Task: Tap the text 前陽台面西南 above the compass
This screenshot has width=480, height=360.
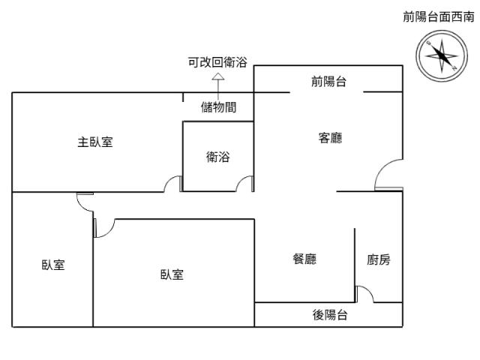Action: click(439, 17)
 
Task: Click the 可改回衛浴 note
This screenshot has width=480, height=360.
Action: click(218, 62)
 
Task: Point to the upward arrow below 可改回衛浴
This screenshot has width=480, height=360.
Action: click(218, 76)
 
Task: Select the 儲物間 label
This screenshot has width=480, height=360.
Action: click(219, 107)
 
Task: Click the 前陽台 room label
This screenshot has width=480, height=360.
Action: click(329, 82)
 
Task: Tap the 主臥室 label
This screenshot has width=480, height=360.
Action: click(96, 142)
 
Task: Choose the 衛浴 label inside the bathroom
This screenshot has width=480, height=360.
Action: click(218, 157)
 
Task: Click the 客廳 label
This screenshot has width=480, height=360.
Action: click(330, 138)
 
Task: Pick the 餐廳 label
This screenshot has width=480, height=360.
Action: click(304, 259)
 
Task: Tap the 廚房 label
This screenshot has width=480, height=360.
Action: click(379, 259)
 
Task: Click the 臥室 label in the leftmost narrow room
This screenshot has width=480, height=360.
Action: click(52, 265)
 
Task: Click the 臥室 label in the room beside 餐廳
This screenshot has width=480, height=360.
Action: click(172, 275)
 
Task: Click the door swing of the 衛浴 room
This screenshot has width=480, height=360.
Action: click(244, 183)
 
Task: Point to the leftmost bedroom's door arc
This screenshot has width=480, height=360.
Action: click(84, 200)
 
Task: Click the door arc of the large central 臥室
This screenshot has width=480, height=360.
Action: click(103, 228)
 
